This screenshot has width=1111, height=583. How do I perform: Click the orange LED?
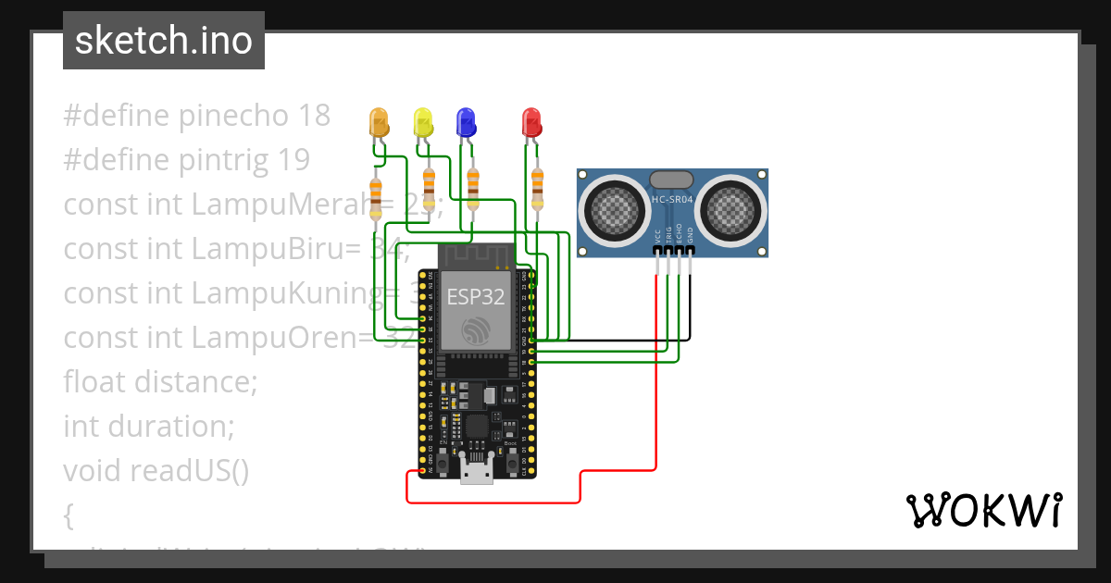(378, 122)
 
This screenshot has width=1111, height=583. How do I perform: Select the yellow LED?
(423, 122)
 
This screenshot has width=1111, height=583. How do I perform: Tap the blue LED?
(466, 122)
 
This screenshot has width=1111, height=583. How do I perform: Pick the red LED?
(531, 122)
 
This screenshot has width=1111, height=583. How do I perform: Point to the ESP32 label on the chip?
(476, 296)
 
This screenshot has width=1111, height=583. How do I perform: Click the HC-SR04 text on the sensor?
(672, 200)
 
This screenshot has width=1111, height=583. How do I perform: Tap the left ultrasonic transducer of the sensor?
(614, 207)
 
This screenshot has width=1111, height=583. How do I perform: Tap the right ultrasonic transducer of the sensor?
(731, 207)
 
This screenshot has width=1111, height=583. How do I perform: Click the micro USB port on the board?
(477, 474)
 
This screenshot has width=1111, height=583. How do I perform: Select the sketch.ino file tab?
(164, 41)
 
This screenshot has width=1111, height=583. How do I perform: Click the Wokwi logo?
(983, 510)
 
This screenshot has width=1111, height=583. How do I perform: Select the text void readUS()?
(156, 471)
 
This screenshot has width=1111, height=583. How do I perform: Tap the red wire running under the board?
(491, 502)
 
